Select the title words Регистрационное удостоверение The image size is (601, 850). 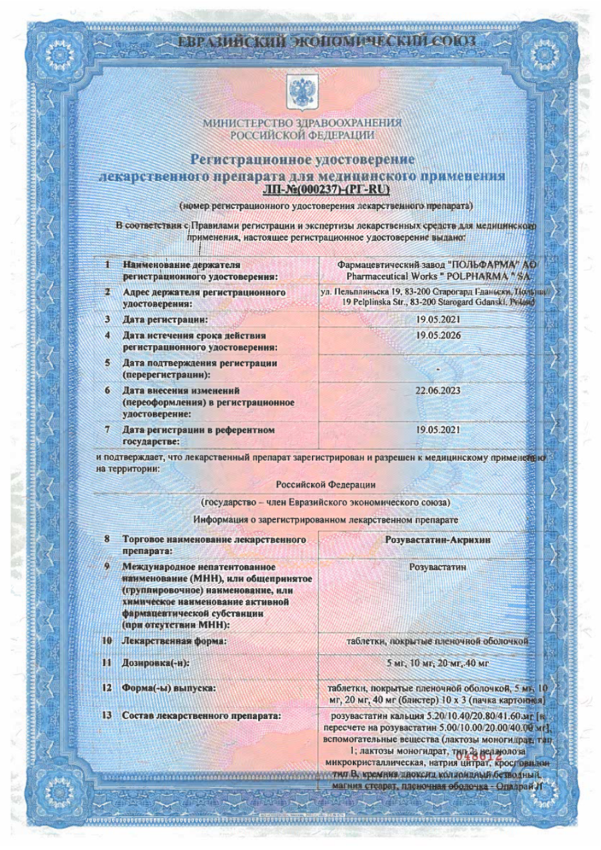pos(302,159)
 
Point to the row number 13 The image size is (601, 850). pos(108,715)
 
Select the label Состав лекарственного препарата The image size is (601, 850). pos(202,715)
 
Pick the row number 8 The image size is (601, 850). pos(107,540)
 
